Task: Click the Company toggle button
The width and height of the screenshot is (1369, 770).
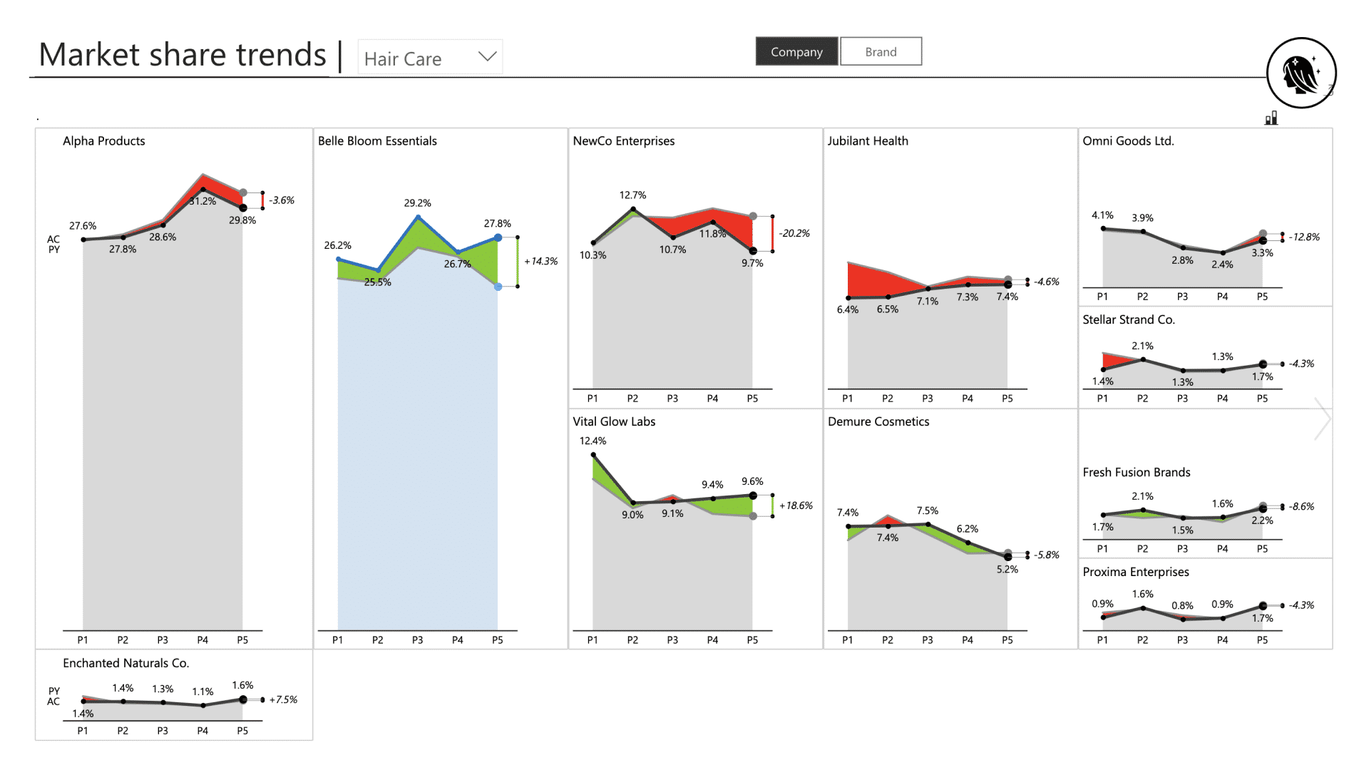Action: (x=796, y=52)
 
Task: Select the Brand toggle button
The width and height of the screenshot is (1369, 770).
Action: (x=881, y=52)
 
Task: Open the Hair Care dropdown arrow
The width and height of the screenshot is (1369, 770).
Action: (x=487, y=56)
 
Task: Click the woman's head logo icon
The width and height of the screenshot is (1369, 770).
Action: (x=1301, y=73)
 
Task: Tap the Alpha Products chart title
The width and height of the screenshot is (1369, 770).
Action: (x=103, y=141)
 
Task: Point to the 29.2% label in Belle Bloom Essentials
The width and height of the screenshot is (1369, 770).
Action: (x=417, y=203)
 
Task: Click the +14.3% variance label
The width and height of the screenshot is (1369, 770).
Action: (x=541, y=262)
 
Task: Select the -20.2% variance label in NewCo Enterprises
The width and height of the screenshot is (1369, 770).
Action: (x=794, y=234)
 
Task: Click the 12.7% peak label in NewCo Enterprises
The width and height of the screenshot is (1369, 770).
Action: (x=632, y=195)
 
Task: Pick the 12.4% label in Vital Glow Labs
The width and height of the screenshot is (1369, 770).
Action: (x=593, y=441)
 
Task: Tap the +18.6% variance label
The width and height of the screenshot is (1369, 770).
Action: (x=796, y=506)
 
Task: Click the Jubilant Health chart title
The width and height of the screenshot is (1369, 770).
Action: (x=868, y=141)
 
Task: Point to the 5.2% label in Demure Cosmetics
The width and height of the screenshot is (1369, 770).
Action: (x=1007, y=570)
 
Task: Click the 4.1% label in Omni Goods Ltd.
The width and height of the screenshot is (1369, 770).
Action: (x=1102, y=215)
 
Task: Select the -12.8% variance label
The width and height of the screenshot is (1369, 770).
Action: (x=1304, y=237)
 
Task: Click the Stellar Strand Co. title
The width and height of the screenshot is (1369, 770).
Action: (x=1128, y=320)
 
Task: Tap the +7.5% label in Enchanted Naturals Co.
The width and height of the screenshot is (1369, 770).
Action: (x=283, y=700)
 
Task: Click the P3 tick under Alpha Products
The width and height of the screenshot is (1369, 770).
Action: (x=163, y=640)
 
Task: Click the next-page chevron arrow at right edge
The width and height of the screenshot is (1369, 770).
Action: (x=1323, y=419)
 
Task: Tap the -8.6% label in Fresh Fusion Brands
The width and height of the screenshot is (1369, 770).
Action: (x=1302, y=507)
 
